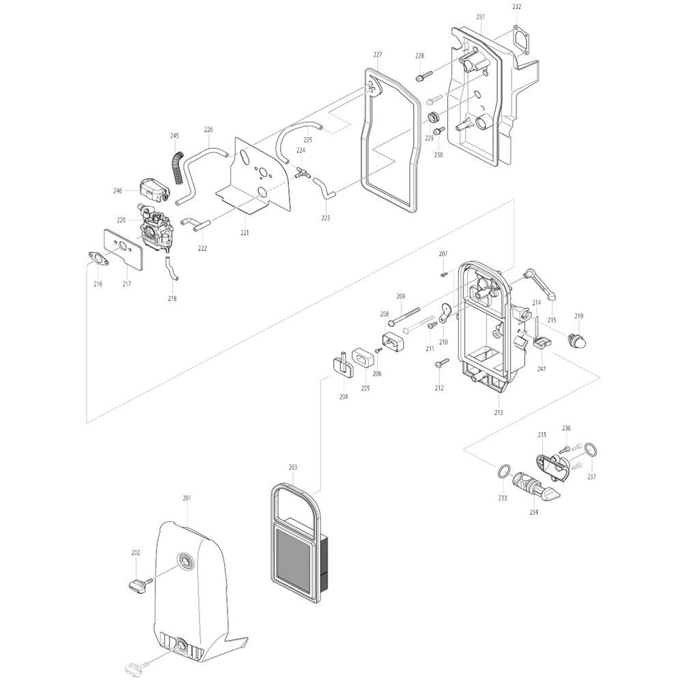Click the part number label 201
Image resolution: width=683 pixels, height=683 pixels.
[187, 498]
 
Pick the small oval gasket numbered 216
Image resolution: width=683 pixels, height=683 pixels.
[98, 258]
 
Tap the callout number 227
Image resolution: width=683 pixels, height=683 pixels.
[378, 55]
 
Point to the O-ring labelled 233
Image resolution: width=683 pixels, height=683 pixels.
[503, 471]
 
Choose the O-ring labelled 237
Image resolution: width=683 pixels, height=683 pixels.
[590, 449]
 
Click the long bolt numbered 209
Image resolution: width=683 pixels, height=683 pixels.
[405, 316]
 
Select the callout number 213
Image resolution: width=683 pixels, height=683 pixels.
[499, 412]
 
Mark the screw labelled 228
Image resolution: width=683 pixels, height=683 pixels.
[424, 76]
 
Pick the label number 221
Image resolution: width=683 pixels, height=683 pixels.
[245, 233]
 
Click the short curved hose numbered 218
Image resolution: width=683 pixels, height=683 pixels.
[171, 268]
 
